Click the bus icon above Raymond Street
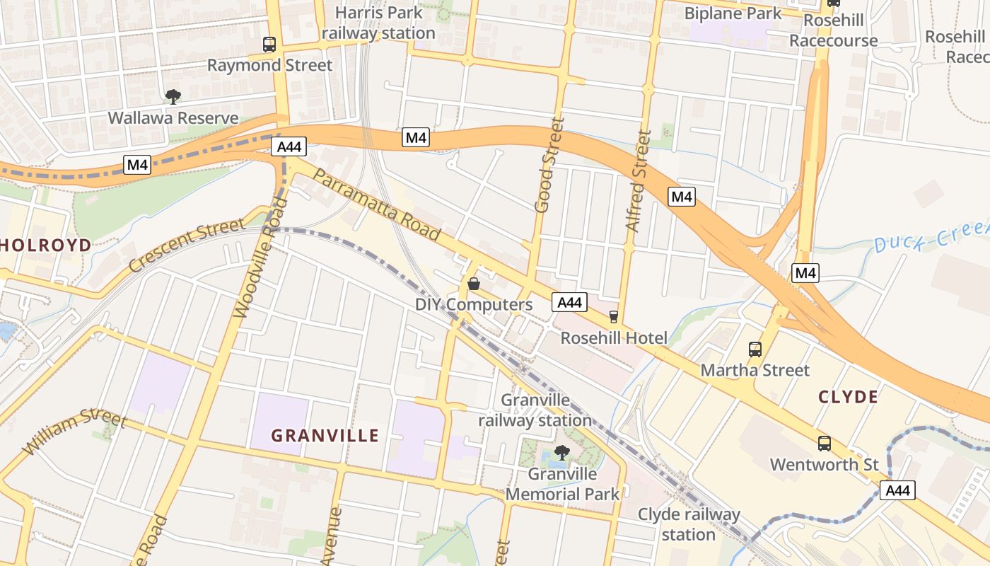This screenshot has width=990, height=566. tap(269, 45)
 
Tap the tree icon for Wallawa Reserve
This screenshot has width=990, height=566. tap(173, 97)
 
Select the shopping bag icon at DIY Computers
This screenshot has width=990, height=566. tap(474, 284)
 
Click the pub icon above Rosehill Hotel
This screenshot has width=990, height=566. tap(613, 317)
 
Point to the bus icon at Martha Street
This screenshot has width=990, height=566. tap(755, 349)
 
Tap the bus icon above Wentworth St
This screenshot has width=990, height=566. tap(825, 444)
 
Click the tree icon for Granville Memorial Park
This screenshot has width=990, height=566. tap(562, 452)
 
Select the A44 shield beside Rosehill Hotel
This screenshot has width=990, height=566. tap(569, 303)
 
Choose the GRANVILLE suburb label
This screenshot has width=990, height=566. tap(325, 435)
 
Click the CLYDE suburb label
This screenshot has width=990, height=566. tap(848, 397)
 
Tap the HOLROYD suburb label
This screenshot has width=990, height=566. tap(46, 246)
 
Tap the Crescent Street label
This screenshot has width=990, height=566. tap(187, 244)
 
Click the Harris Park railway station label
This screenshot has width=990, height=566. tap(378, 23)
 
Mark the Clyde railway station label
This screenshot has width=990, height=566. tap(689, 524)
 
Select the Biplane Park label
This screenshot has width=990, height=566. tap(733, 13)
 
